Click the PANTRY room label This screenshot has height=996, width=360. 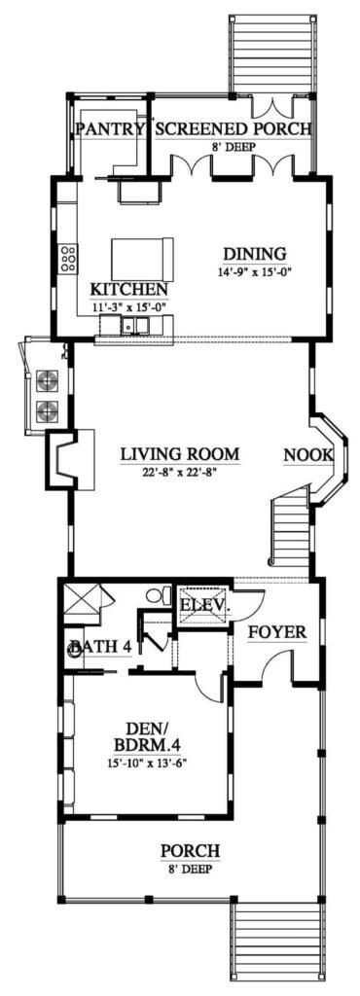pos(110,129)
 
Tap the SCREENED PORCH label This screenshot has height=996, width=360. pos(234,129)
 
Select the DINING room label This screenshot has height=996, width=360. pos(255,254)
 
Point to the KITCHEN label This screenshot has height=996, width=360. pos(129,290)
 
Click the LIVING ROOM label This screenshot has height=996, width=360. pos(180,454)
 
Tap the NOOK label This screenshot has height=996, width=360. pos(308,455)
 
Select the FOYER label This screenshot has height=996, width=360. pos(277,632)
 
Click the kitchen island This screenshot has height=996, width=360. pos(143,259)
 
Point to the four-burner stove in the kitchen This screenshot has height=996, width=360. pos(68,259)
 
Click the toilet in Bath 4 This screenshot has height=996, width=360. pos(158,596)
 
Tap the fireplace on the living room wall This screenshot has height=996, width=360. pos(70,460)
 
